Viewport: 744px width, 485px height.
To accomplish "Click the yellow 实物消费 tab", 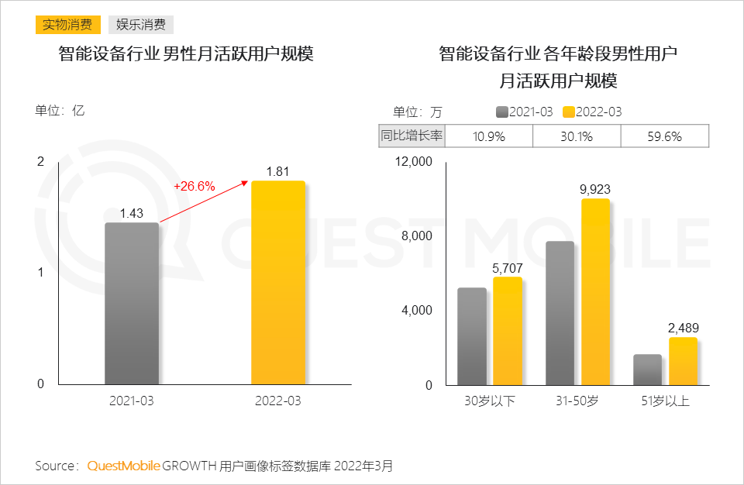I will click(67, 25).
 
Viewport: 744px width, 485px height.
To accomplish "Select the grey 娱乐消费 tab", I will click(140, 25).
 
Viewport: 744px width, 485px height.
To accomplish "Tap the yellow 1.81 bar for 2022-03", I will click(278, 282).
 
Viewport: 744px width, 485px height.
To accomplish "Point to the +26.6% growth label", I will click(194, 186).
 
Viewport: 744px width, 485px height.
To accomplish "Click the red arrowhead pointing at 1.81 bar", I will click(246, 182).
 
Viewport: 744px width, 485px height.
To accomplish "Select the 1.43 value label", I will click(132, 213).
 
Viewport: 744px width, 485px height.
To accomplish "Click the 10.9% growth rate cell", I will click(489, 136).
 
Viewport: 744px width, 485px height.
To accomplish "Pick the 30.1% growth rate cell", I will click(577, 136).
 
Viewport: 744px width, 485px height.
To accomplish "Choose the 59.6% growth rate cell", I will click(664, 136).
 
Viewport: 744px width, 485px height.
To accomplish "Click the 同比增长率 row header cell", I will click(412, 136).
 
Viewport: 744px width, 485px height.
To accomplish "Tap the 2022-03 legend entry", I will click(592, 112).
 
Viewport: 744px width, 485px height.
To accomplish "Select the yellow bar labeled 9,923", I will click(595, 291).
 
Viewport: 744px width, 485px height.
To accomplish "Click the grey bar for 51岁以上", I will click(647, 370).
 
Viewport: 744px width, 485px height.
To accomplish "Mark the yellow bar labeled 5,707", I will click(508, 331).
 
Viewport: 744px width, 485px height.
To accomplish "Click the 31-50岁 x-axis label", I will click(577, 401).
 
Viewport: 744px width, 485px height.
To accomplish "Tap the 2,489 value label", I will click(684, 328).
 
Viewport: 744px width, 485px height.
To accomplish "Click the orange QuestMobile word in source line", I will click(123, 466).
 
